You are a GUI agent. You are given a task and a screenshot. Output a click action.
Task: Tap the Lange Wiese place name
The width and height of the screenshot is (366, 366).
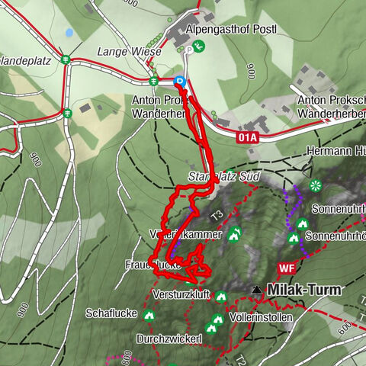[x=130, y=52]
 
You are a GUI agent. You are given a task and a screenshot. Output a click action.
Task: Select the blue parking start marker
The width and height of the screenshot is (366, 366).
[x=180, y=81]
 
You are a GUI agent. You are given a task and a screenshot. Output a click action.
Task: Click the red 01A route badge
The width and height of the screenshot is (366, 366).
[x=248, y=138]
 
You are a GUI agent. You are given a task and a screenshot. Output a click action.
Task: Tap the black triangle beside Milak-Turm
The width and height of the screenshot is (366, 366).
[x=257, y=290]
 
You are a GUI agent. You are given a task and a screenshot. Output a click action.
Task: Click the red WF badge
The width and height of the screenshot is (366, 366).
[x=287, y=268]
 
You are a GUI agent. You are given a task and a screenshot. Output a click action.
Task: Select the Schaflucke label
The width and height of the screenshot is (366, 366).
[x=111, y=313]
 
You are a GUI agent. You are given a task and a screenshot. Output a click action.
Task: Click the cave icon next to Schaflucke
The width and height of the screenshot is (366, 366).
[x=148, y=313]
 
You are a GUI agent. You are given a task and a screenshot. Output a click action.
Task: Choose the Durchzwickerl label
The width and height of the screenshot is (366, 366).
[x=169, y=338]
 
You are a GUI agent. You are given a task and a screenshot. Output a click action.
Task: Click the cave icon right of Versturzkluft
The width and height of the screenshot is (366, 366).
[x=221, y=296]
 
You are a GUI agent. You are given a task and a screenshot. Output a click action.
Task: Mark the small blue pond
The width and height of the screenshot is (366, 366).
[x=69, y=33]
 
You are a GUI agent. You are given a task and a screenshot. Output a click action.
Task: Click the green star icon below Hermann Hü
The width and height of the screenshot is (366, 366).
[x=315, y=185]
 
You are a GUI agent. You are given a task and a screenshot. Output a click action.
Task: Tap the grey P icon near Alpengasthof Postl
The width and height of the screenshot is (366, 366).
[x=189, y=50]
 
